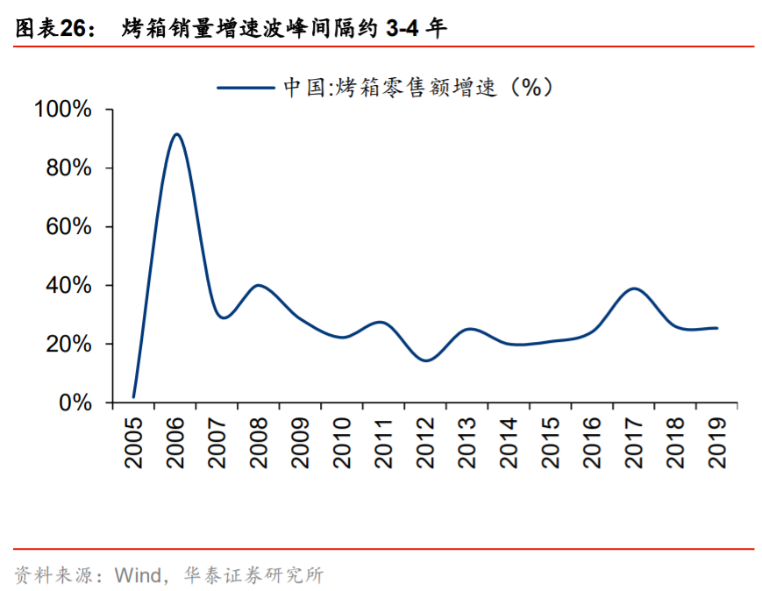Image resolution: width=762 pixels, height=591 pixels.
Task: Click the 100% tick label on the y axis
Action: coord(62,110)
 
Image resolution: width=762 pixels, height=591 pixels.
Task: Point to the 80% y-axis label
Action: coord(68,168)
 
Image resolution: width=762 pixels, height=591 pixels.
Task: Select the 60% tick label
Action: coord(68,227)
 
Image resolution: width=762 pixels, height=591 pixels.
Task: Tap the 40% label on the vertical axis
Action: coord(68,286)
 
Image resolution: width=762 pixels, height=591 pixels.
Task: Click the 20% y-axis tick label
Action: coord(68,345)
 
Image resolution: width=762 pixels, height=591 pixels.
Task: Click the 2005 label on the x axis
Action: coord(134,443)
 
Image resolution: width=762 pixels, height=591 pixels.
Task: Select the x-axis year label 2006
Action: coord(176,443)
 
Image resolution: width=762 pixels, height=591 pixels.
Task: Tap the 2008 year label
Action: coord(260,443)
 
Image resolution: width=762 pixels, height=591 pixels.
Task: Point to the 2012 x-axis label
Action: coord(426,443)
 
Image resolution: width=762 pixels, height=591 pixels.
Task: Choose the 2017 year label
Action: coord(634,443)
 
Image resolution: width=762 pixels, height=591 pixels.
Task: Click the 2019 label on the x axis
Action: coord(717,443)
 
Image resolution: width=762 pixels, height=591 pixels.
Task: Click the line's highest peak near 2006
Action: coord(176,134)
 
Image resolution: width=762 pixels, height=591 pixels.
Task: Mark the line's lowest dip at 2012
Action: coord(426,360)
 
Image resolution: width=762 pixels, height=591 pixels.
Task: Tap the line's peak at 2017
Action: coord(634,288)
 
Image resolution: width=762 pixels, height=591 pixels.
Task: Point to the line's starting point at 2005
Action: coord(134,397)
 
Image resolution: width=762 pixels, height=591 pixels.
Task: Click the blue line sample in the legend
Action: coord(245,86)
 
